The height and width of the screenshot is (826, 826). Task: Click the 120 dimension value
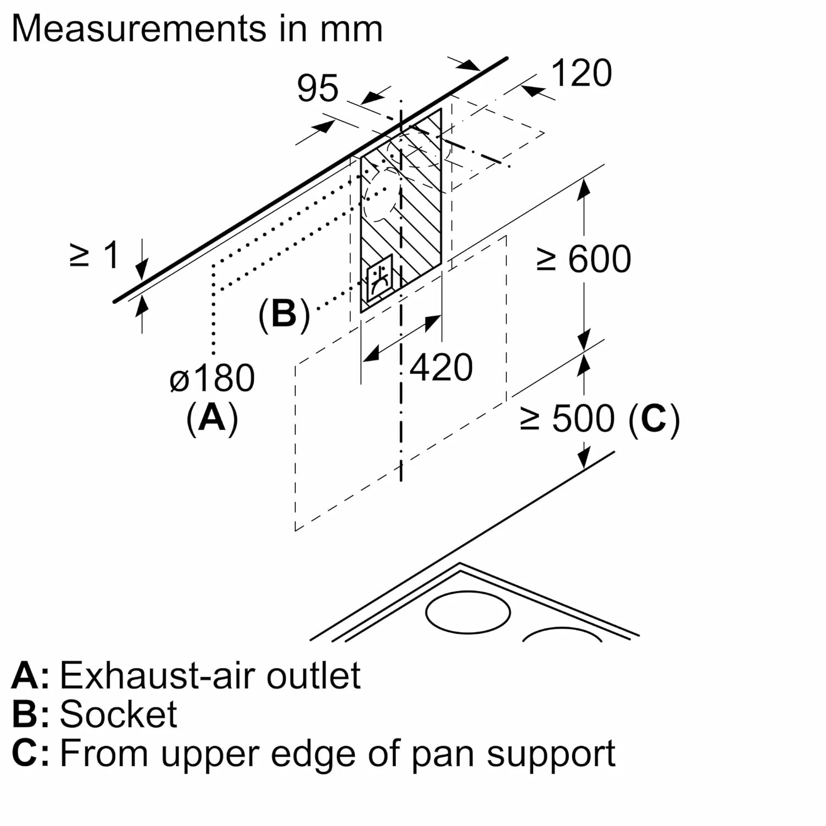coord(582,73)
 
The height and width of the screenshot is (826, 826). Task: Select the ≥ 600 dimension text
coord(584,259)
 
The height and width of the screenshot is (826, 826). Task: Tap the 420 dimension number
coord(441,368)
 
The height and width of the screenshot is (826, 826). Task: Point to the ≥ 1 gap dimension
coord(95,256)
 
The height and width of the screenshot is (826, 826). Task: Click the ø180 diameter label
coord(212,378)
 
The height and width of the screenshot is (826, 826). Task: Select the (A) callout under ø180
coord(212,418)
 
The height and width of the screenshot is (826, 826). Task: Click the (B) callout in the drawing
coord(284,315)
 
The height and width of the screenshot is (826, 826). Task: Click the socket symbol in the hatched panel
coord(380,279)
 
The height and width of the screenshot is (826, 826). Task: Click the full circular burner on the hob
coord(468,613)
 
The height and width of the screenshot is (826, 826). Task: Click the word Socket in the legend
coord(118,714)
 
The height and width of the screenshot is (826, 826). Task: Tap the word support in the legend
coord(551,754)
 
